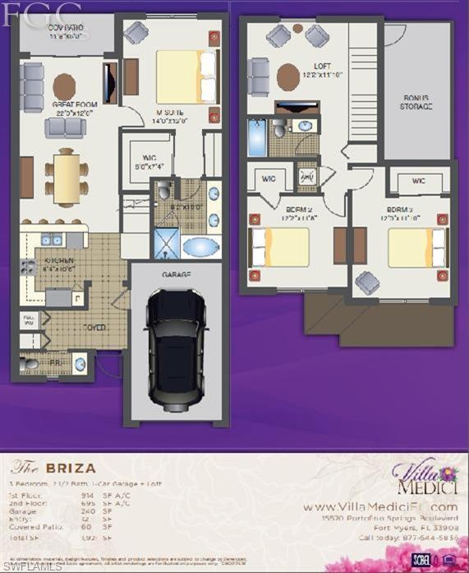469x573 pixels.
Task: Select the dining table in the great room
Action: tap(67, 178)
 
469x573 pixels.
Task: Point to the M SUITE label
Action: tap(172, 113)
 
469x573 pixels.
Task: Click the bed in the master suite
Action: tap(186, 76)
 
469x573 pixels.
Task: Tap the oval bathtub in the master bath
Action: tap(201, 246)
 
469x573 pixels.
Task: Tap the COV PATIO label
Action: tap(67, 30)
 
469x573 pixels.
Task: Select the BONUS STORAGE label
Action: tap(416, 101)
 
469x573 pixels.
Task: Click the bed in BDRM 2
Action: tap(279, 247)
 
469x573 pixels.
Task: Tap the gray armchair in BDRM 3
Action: tap(367, 283)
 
